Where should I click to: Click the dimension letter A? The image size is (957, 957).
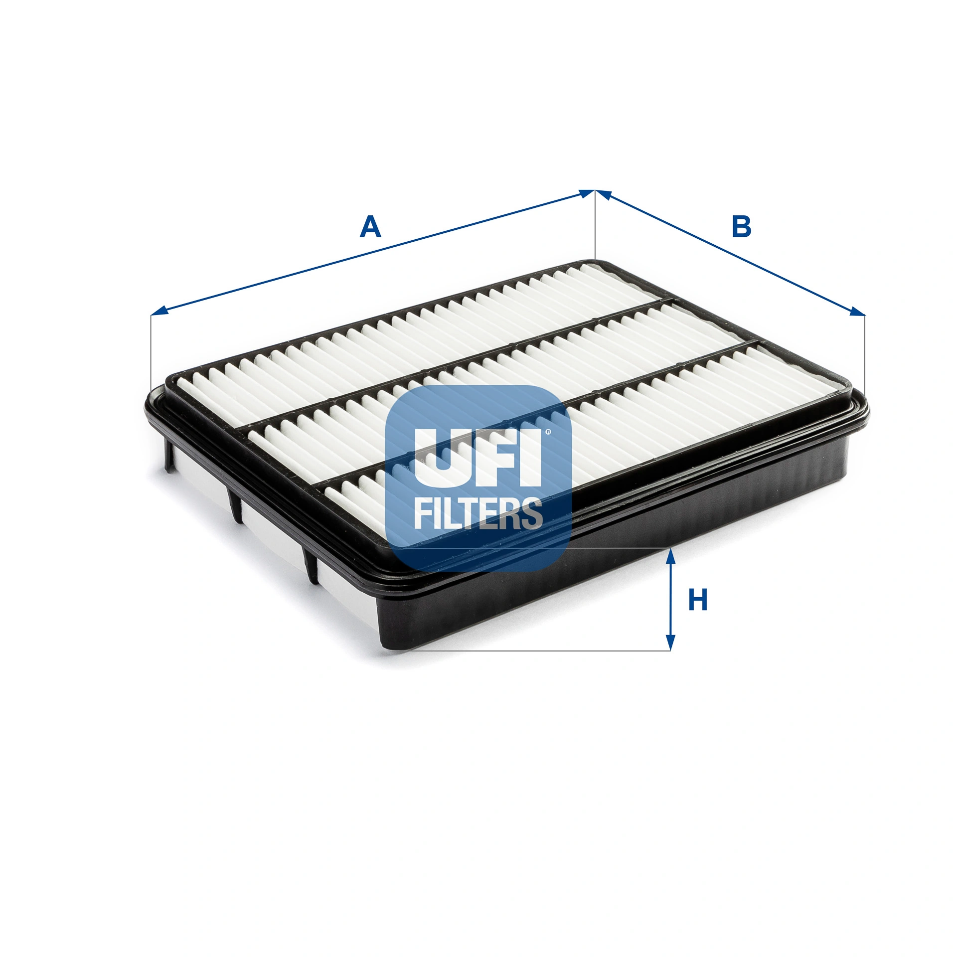pos(370,227)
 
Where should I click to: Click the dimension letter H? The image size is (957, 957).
pos(698,600)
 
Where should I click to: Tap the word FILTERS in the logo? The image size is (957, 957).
pos(478,513)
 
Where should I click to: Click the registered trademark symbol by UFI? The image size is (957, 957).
pos(548,432)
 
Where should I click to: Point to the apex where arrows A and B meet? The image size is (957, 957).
pos(595,190)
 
